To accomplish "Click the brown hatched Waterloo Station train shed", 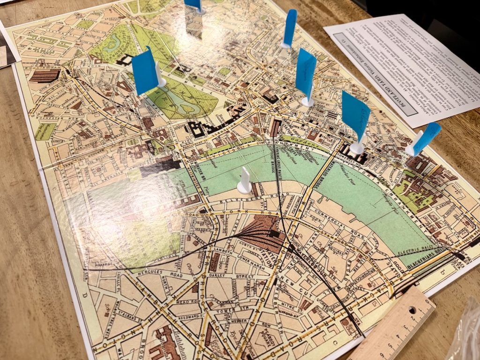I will pos(262,231).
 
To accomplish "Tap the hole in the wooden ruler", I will pos(412,310).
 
